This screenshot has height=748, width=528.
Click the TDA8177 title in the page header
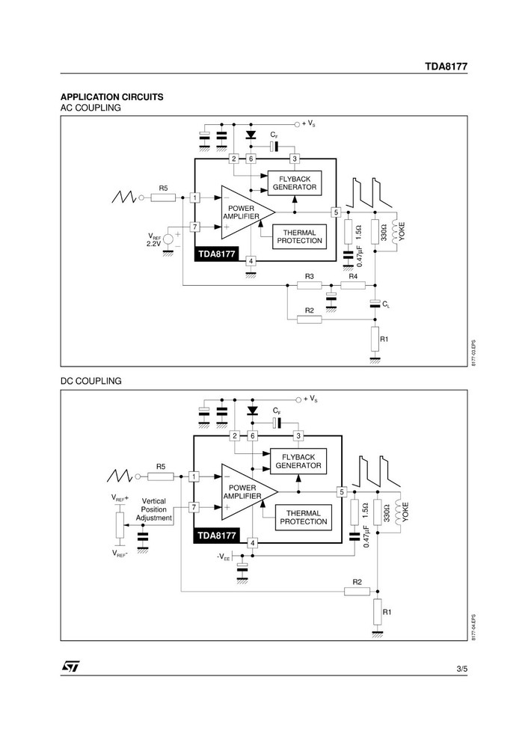point(446,66)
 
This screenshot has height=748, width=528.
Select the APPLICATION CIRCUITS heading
point(111,97)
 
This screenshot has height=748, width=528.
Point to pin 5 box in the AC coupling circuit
point(337,212)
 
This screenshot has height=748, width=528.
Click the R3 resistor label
point(309,277)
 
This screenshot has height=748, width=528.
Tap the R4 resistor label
point(353,277)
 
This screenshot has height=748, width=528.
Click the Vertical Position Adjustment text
point(154,509)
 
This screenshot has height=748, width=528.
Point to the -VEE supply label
point(223,557)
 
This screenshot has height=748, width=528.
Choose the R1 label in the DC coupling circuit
point(387,611)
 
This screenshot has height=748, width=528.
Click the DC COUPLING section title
point(90,381)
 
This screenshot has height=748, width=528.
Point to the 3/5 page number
point(461,666)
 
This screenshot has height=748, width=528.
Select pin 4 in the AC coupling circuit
point(251,261)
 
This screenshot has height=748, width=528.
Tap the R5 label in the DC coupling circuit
point(161,467)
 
